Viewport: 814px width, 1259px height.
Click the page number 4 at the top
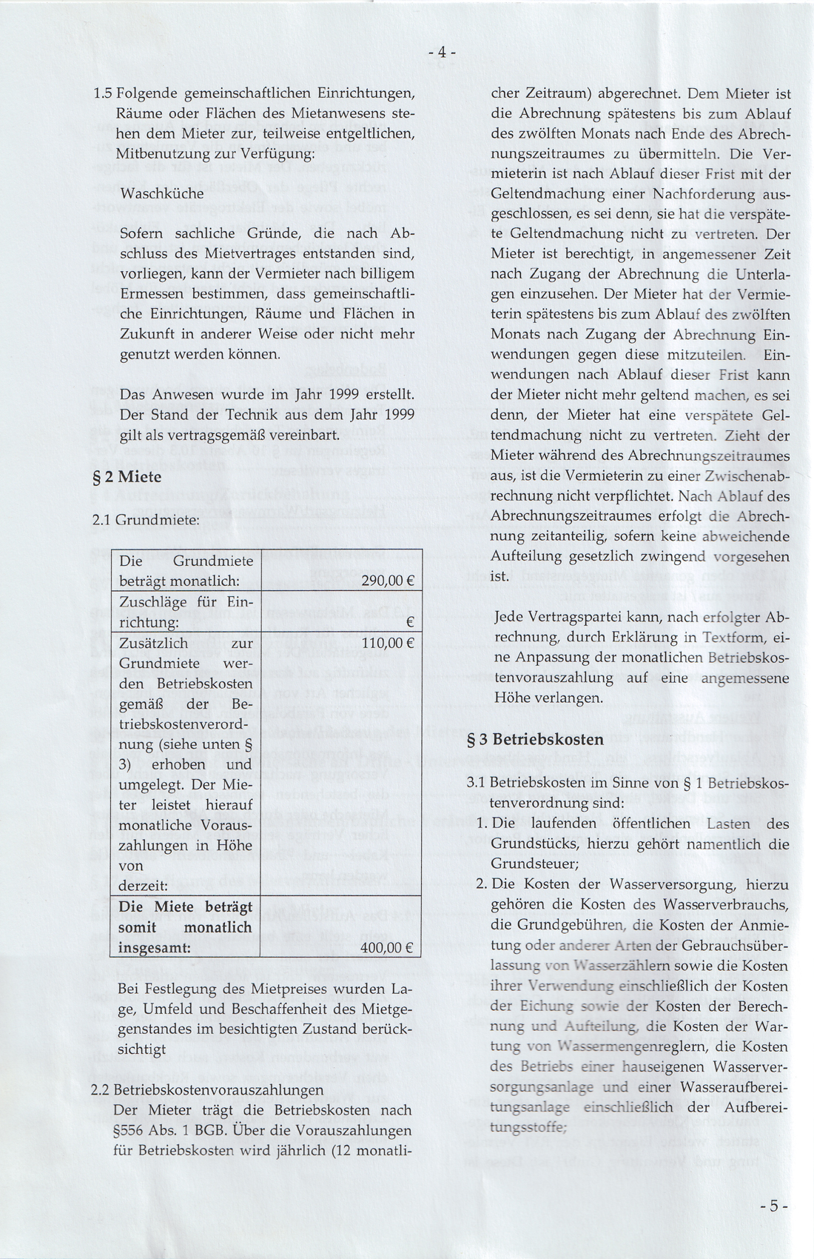(441, 53)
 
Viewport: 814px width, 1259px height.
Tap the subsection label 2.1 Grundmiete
(145, 521)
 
